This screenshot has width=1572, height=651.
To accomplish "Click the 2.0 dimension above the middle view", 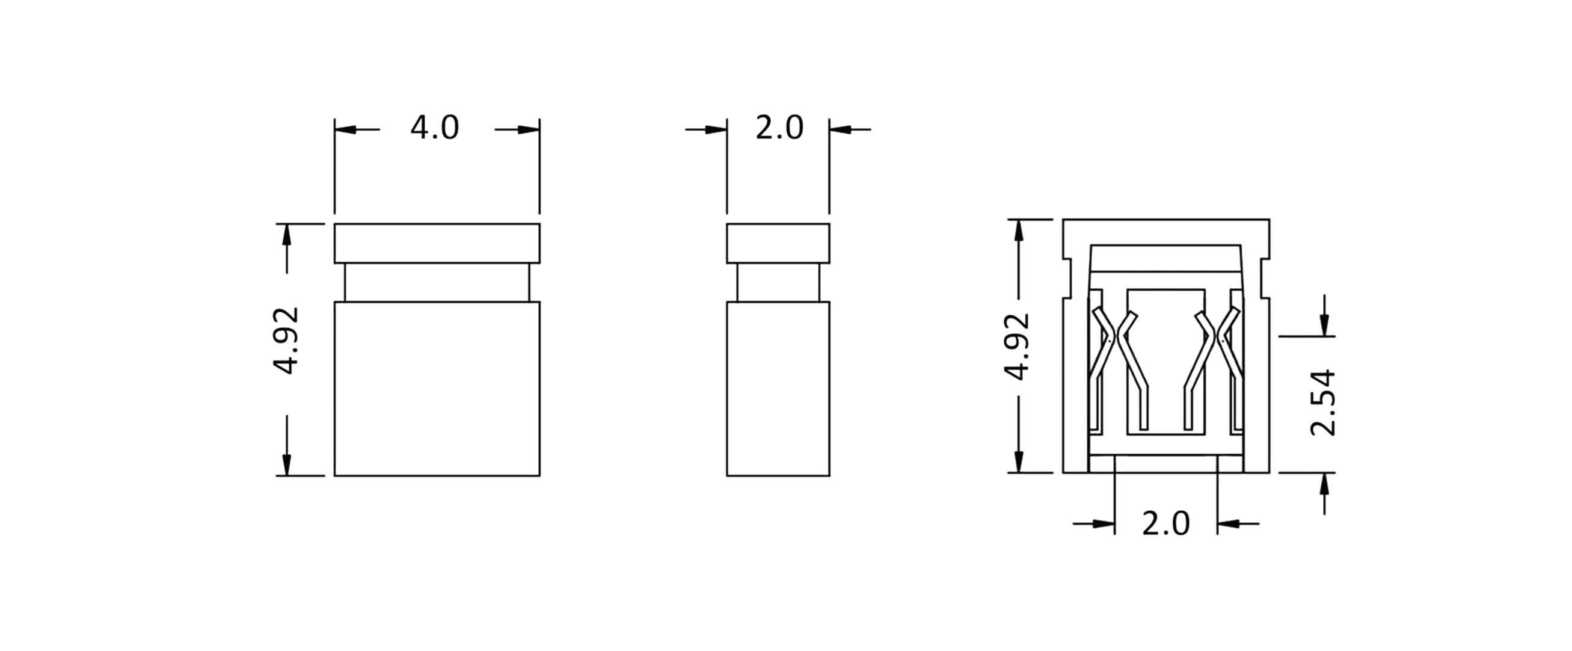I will click(x=779, y=128).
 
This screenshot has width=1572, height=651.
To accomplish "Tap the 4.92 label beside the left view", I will click(x=286, y=340).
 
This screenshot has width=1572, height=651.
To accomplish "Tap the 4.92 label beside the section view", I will click(x=1018, y=347).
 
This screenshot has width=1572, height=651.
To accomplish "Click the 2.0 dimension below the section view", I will click(x=1165, y=524).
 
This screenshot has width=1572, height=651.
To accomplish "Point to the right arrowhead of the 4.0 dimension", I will click(x=529, y=129).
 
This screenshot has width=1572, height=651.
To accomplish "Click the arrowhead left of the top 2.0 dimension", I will click(x=716, y=129).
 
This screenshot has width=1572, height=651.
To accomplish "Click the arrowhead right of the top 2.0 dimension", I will click(x=840, y=129).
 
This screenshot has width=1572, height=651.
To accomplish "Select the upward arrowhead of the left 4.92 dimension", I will click(x=287, y=235).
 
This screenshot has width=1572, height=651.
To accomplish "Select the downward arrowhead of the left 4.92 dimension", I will click(x=287, y=464).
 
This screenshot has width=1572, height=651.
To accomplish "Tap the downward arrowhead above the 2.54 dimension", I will click(x=1324, y=325).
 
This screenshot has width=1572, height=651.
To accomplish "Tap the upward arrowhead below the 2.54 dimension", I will click(x=1324, y=484).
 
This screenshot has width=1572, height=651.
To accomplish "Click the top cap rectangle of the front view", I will click(x=437, y=243).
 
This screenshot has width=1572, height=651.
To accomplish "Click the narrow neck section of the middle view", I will click(x=778, y=282).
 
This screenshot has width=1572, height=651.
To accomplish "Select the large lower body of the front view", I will click(x=437, y=389).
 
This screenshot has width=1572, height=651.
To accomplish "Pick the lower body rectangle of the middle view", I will click(x=778, y=389).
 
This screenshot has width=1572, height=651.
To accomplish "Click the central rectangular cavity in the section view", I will click(x=1165, y=360).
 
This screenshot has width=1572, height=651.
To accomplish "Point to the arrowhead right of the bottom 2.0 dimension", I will click(x=1228, y=523).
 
